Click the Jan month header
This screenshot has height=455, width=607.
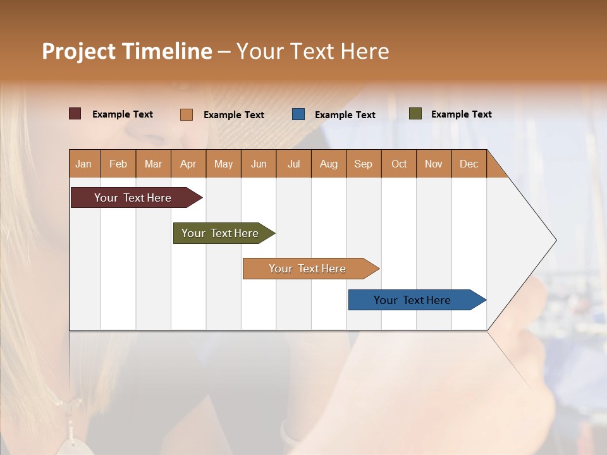[x=84, y=164]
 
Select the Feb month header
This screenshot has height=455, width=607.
[x=118, y=164]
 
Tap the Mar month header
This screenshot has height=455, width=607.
[x=153, y=164]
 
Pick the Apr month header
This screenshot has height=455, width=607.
[x=188, y=164]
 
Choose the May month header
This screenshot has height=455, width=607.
[x=223, y=164]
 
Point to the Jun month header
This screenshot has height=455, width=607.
[x=259, y=164]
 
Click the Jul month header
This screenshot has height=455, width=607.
[x=293, y=164]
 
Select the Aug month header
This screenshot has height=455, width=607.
[x=329, y=164]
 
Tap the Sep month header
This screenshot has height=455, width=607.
[x=364, y=164]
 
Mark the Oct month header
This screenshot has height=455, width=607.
[x=399, y=164]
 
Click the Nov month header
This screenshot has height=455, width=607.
[x=434, y=164]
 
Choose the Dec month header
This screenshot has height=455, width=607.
[x=469, y=164]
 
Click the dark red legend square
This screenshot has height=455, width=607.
[x=75, y=114]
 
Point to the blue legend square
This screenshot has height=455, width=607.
[x=298, y=114]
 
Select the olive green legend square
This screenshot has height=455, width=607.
[x=415, y=114]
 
